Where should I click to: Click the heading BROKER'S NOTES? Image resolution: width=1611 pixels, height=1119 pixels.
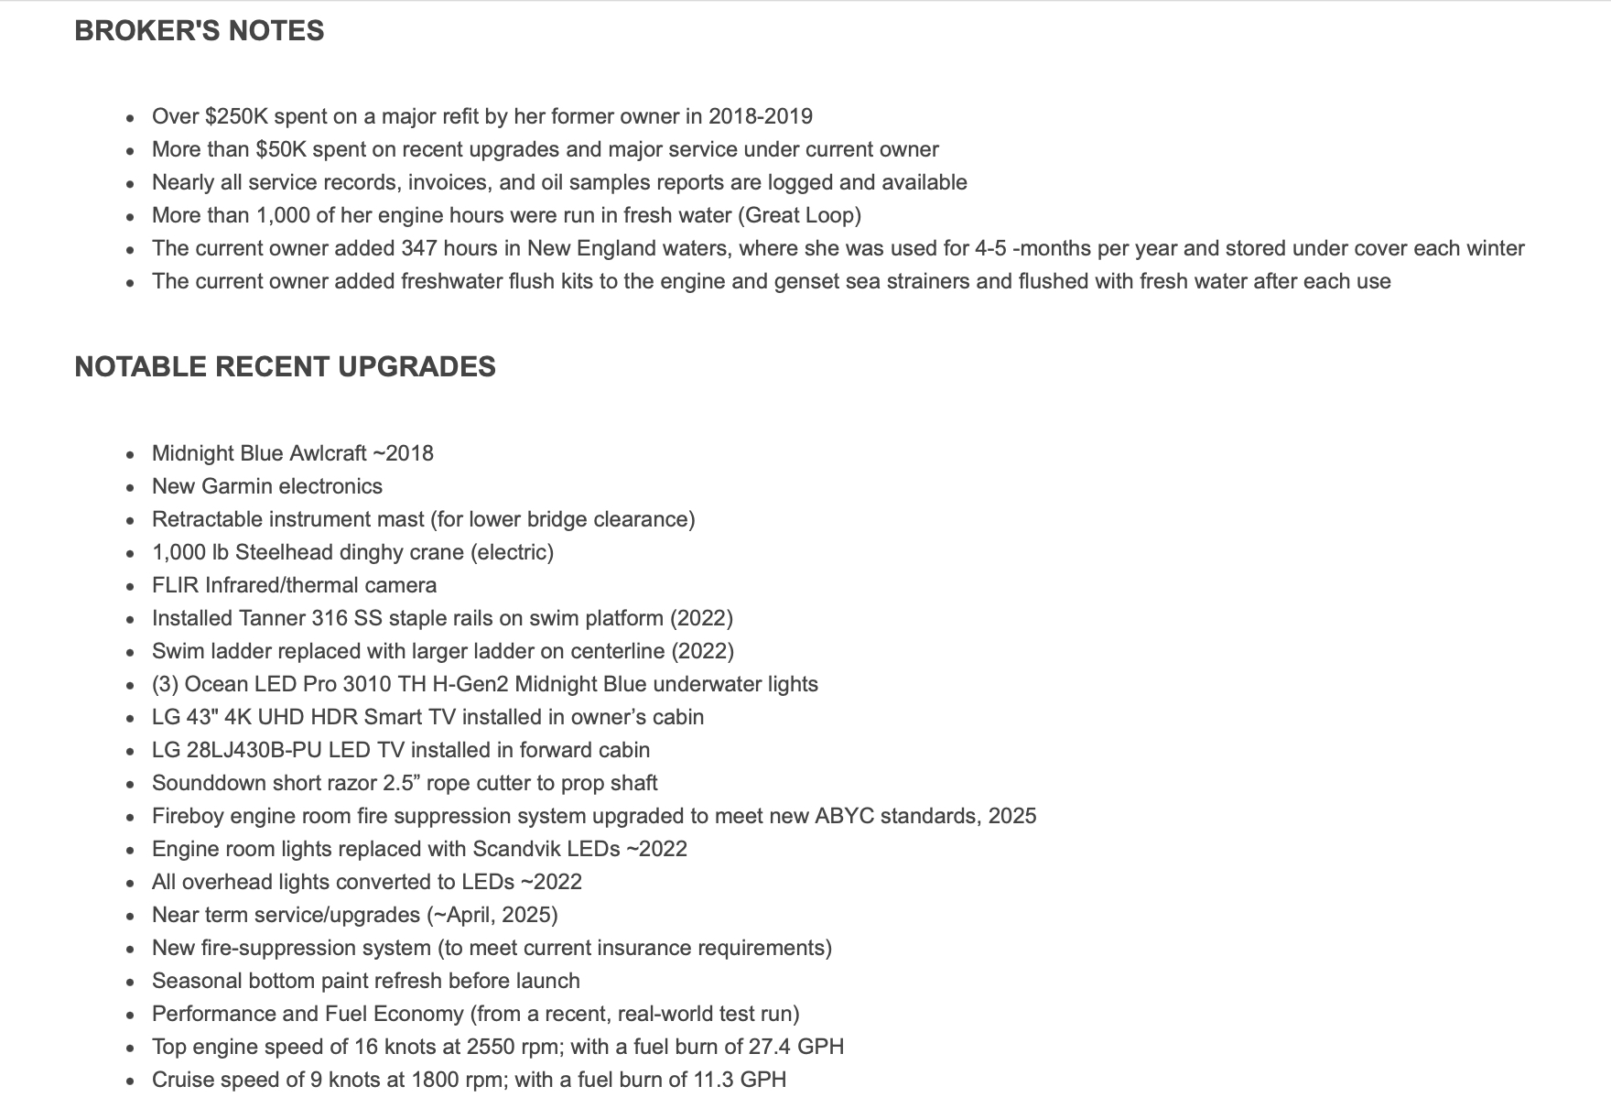tap(199, 31)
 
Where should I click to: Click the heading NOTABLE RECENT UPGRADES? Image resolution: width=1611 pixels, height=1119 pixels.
tap(285, 367)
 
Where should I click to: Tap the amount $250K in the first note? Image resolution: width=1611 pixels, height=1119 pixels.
tap(236, 116)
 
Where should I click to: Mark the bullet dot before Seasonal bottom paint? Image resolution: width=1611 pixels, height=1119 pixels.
tap(132, 983)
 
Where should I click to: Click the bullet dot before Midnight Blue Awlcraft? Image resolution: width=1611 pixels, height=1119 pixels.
tap(132, 455)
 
